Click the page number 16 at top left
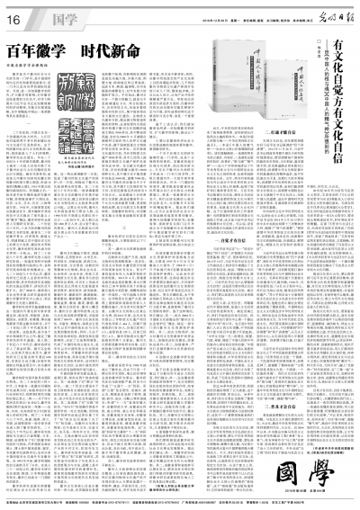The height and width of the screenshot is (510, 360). (x=19, y=18)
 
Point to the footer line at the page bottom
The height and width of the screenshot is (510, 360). (x=179, y=501)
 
